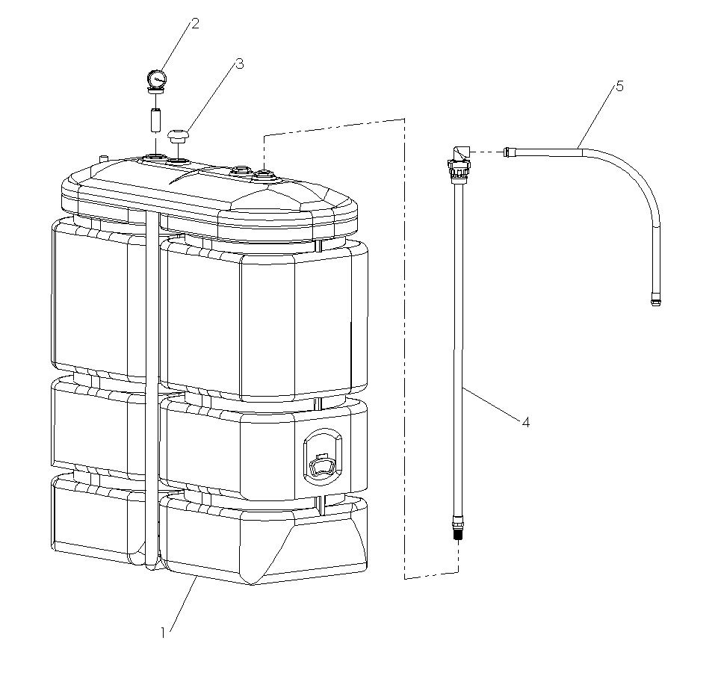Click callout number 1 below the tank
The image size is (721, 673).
click(x=162, y=633)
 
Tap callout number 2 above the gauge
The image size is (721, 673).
click(x=195, y=24)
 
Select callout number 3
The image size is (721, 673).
click(x=239, y=64)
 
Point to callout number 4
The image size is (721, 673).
click(x=525, y=423)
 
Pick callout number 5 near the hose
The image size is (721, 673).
click(x=619, y=86)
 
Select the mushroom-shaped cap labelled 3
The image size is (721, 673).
click(x=178, y=136)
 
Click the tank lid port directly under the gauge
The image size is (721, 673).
click(x=155, y=158)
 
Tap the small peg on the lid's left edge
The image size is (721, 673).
click(x=103, y=157)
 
